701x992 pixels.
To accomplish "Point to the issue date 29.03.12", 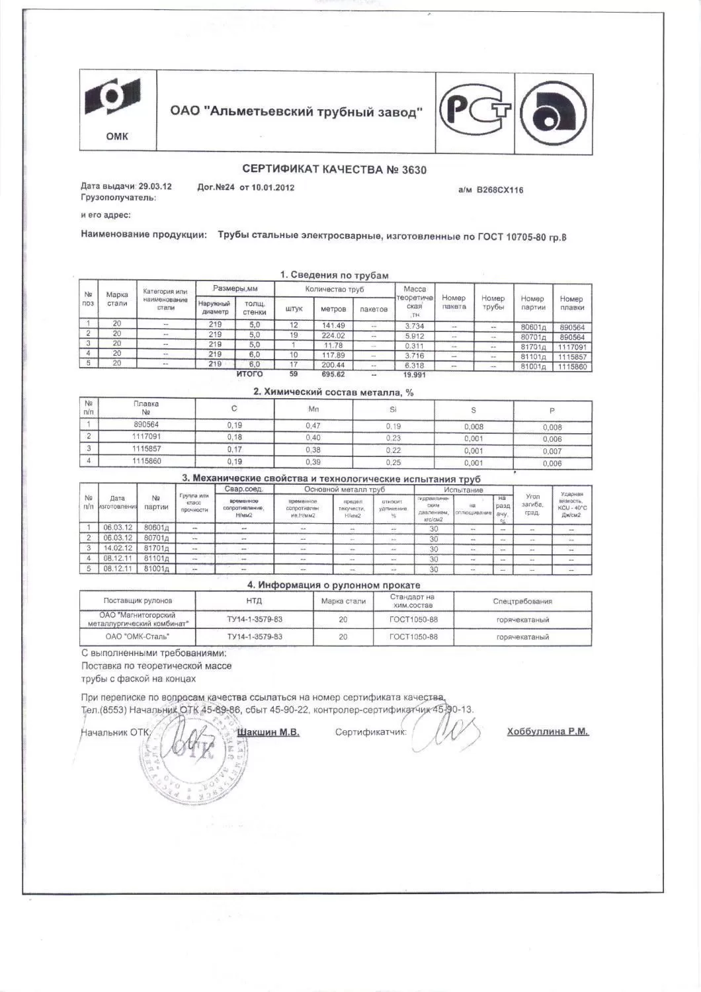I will click(155, 186).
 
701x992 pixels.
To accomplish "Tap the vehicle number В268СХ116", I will click(501, 190).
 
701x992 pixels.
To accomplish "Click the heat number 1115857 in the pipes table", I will click(572, 356).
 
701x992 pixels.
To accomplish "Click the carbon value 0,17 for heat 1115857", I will click(235, 450).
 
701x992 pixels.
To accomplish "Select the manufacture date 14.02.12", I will click(118, 548).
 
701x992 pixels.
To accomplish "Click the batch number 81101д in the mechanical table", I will click(156, 559).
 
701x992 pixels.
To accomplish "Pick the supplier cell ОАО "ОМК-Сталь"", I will click(138, 637).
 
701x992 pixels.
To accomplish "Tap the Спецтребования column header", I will click(522, 601).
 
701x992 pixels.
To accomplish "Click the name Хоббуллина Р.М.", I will click(547, 731).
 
